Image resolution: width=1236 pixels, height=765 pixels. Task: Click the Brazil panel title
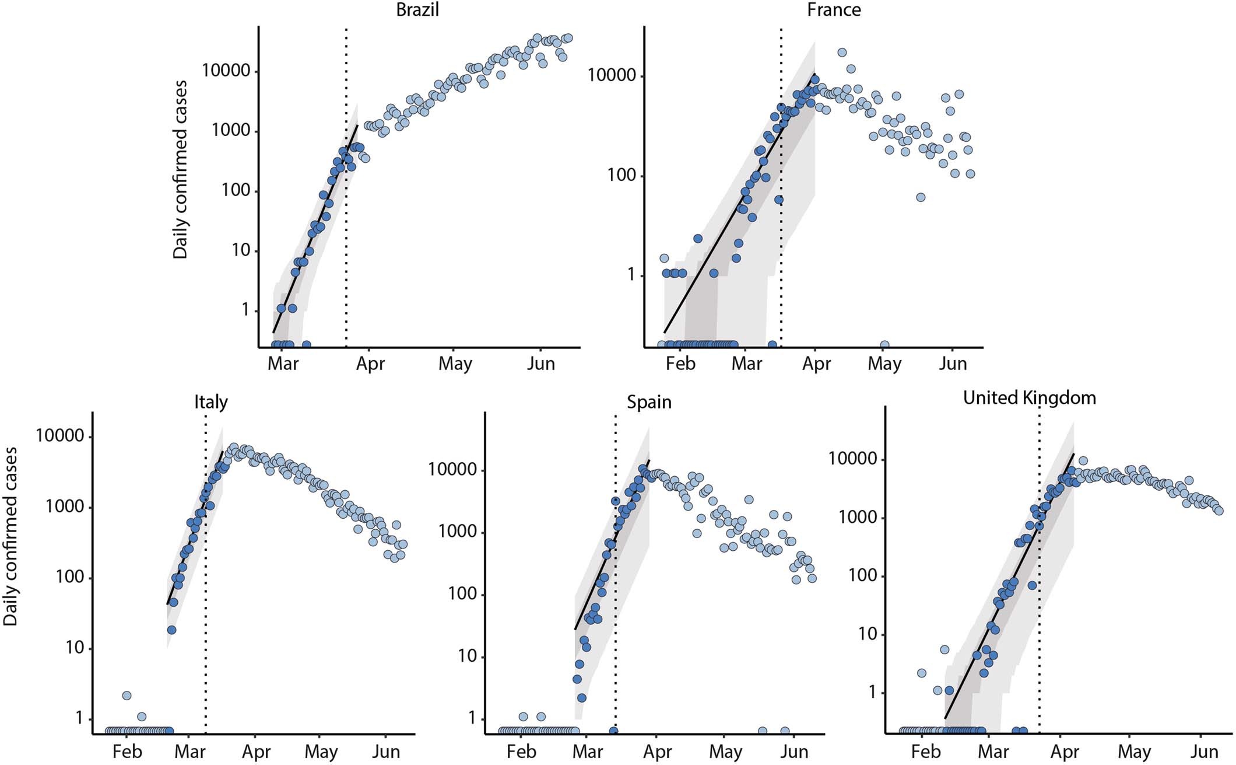click(417, 10)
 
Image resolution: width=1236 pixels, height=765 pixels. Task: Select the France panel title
click(833, 10)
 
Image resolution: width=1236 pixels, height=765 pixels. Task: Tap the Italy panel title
click(210, 402)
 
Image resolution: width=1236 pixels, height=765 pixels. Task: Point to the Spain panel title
click(649, 402)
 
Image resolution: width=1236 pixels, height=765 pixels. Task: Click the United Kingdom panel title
click(1029, 398)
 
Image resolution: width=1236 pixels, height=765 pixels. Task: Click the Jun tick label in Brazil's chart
click(540, 364)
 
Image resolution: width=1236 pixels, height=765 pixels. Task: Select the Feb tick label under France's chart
click(680, 364)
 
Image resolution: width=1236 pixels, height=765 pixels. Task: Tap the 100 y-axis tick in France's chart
click(621, 176)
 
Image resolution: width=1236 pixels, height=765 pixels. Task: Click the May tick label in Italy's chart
click(321, 752)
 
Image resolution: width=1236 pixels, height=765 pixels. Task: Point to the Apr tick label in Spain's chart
click(657, 752)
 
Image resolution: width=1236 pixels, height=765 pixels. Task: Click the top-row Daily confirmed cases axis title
click(181, 169)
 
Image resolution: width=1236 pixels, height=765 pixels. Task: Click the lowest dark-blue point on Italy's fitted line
click(171, 630)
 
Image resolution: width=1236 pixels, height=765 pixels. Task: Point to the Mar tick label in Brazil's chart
click(283, 364)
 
